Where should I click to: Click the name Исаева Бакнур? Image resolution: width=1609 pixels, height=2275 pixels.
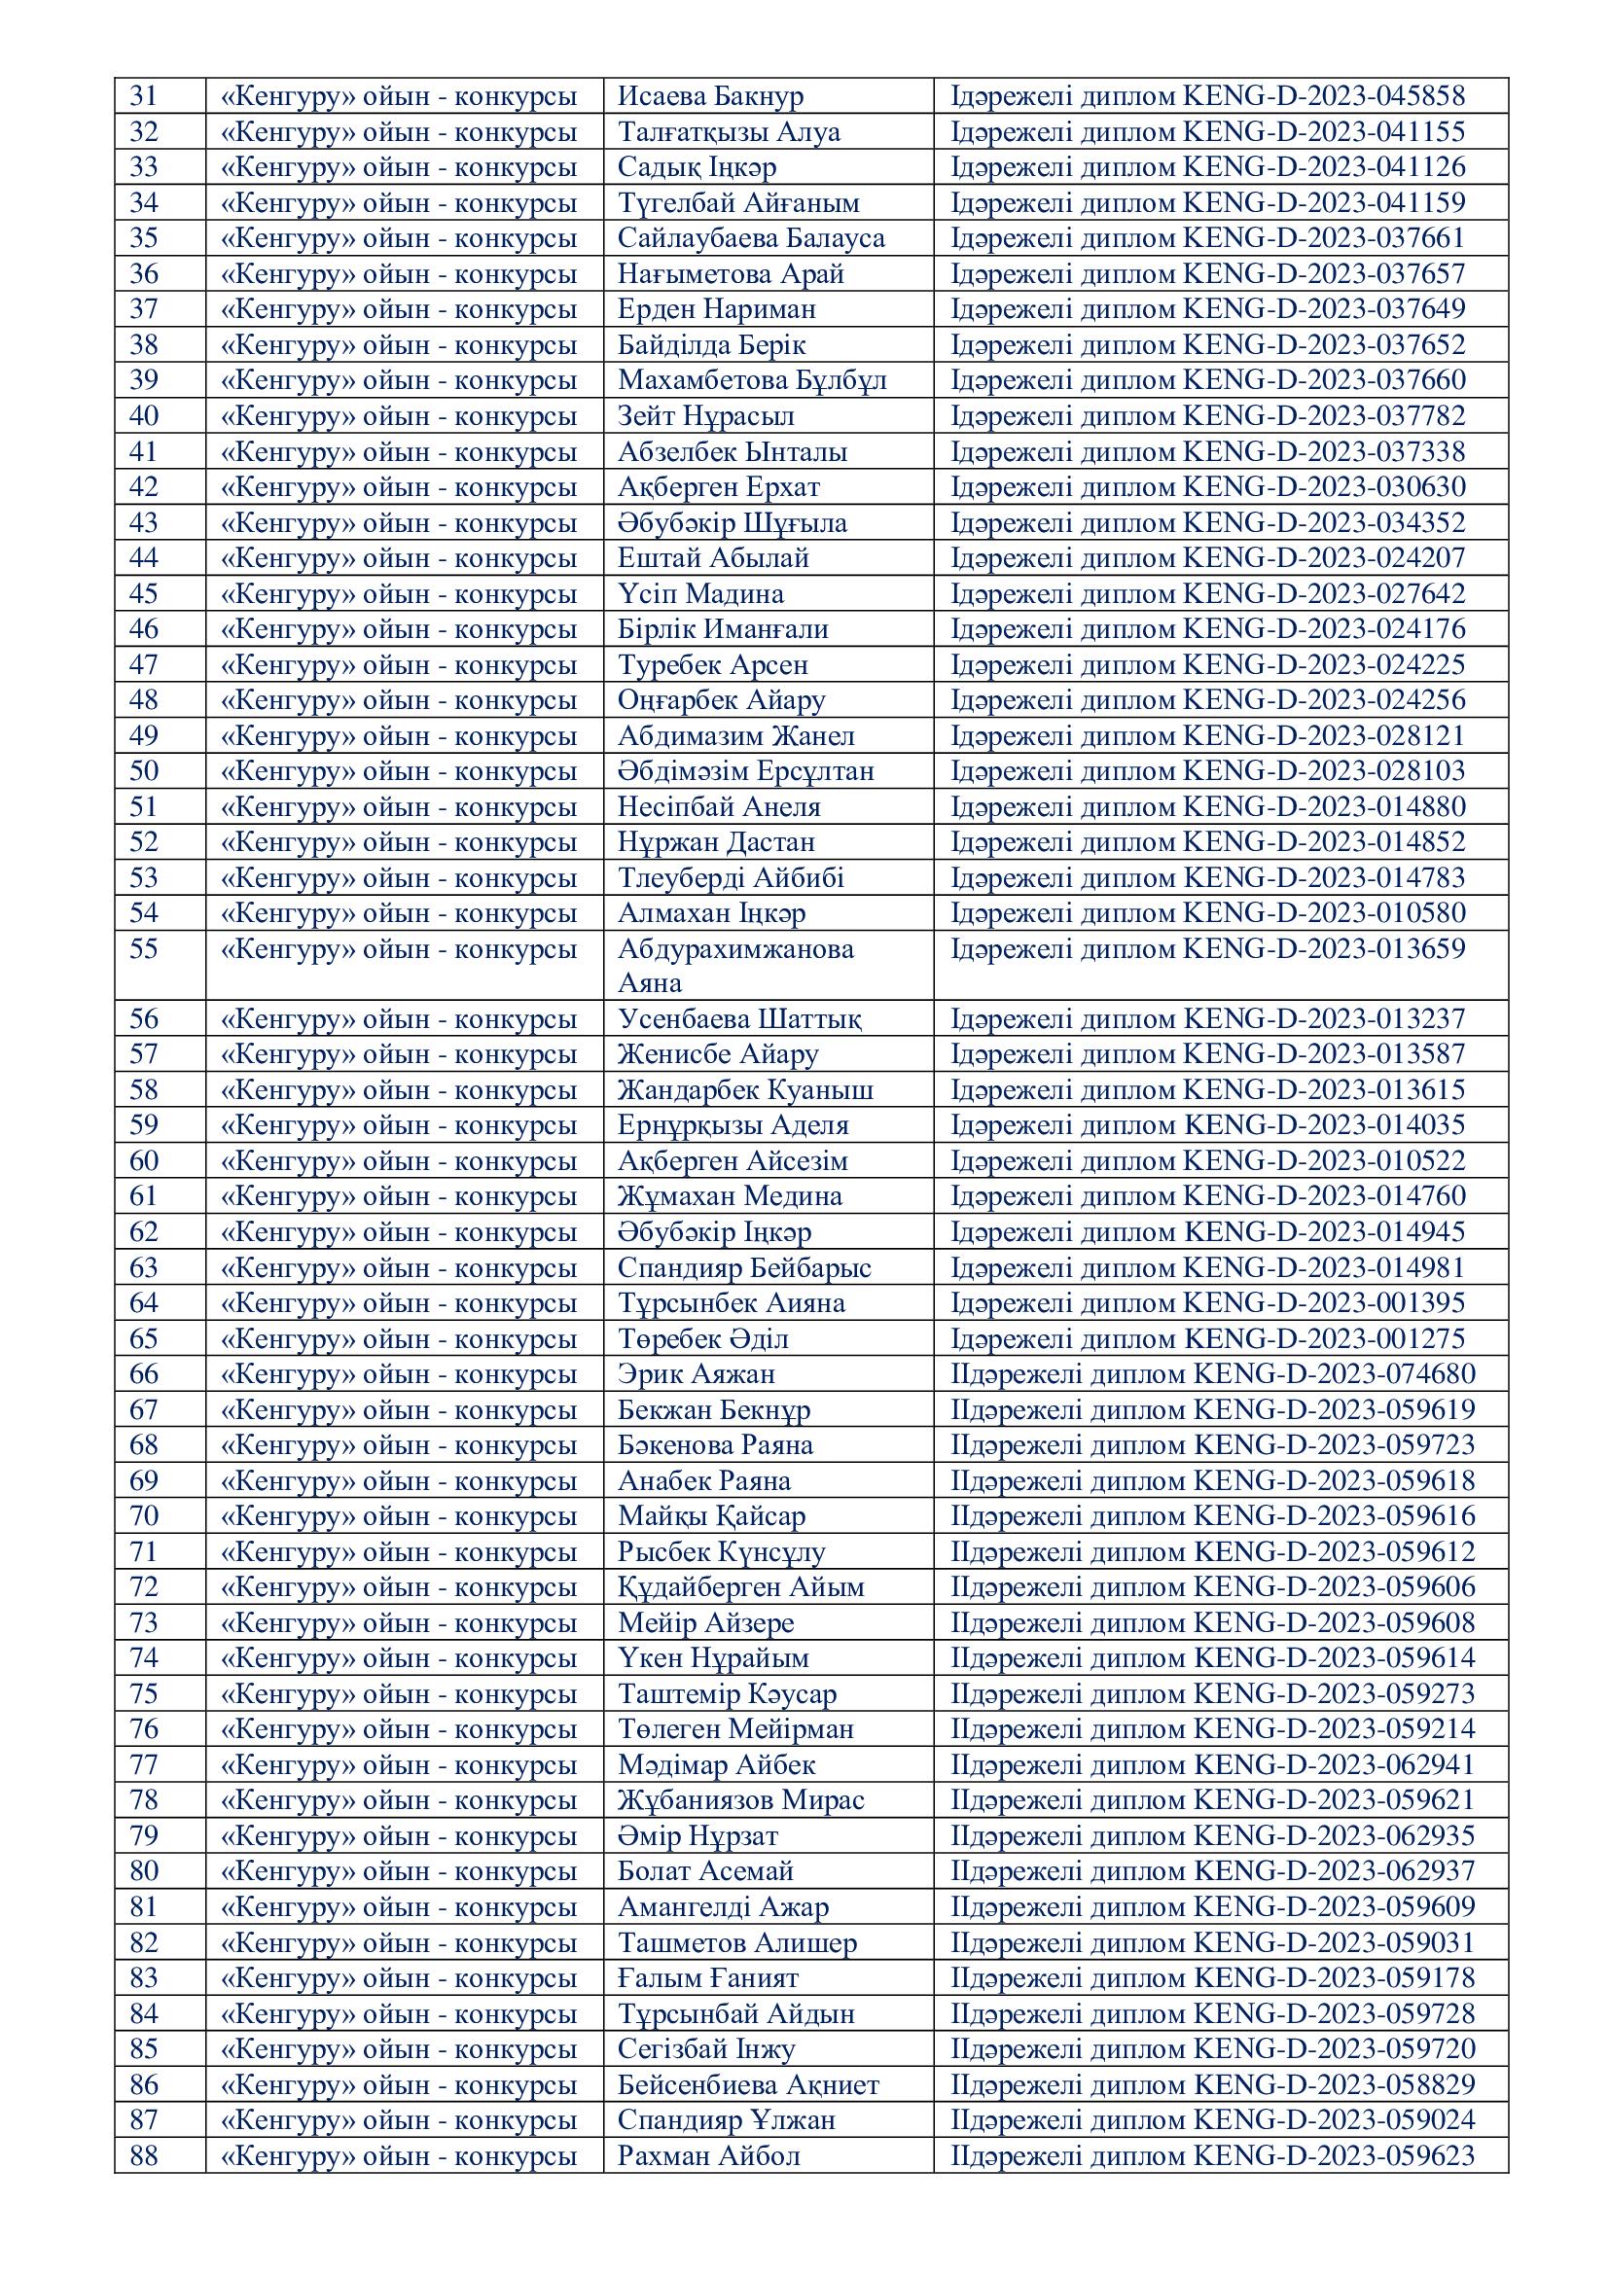pyautogui.click(x=710, y=96)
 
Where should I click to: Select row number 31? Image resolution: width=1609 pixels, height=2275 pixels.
pyautogui.click(x=144, y=96)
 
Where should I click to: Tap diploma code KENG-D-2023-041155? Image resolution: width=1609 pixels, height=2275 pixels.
pyautogui.click(x=1325, y=131)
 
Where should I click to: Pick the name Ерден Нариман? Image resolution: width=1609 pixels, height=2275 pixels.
pyautogui.click(x=716, y=309)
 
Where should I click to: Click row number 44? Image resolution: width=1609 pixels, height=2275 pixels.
pyautogui.click(x=144, y=558)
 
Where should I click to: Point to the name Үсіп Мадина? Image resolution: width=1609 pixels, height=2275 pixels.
pyautogui.click(x=700, y=593)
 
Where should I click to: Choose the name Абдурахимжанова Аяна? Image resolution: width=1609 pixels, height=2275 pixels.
pyautogui.click(x=735, y=965)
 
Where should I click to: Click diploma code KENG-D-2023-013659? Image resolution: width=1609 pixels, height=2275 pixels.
pyautogui.click(x=1325, y=949)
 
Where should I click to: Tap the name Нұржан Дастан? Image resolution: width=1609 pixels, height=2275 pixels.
pyautogui.click(x=716, y=842)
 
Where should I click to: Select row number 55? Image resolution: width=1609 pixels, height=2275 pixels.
pyautogui.click(x=144, y=949)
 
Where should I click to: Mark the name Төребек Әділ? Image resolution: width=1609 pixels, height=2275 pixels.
pyautogui.click(x=703, y=1339)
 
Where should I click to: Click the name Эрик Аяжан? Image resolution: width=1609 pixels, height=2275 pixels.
pyautogui.click(x=697, y=1374)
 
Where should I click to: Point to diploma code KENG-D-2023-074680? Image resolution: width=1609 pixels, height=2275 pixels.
pyautogui.click(x=1335, y=1374)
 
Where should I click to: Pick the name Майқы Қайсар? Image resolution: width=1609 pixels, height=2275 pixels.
pyautogui.click(x=711, y=1516)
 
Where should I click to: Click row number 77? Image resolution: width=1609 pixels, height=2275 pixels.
pyautogui.click(x=144, y=1764)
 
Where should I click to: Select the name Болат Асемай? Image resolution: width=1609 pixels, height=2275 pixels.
pyautogui.click(x=706, y=1871)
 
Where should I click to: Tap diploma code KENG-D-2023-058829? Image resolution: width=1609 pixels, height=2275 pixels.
pyautogui.click(x=1335, y=2084)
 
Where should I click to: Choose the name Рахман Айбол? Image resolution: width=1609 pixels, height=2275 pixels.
pyautogui.click(x=708, y=2156)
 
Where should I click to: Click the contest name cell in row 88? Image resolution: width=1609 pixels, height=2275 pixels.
pyautogui.click(x=398, y=2156)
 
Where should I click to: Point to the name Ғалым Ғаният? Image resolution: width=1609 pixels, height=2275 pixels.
pyautogui.click(x=708, y=1977)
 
